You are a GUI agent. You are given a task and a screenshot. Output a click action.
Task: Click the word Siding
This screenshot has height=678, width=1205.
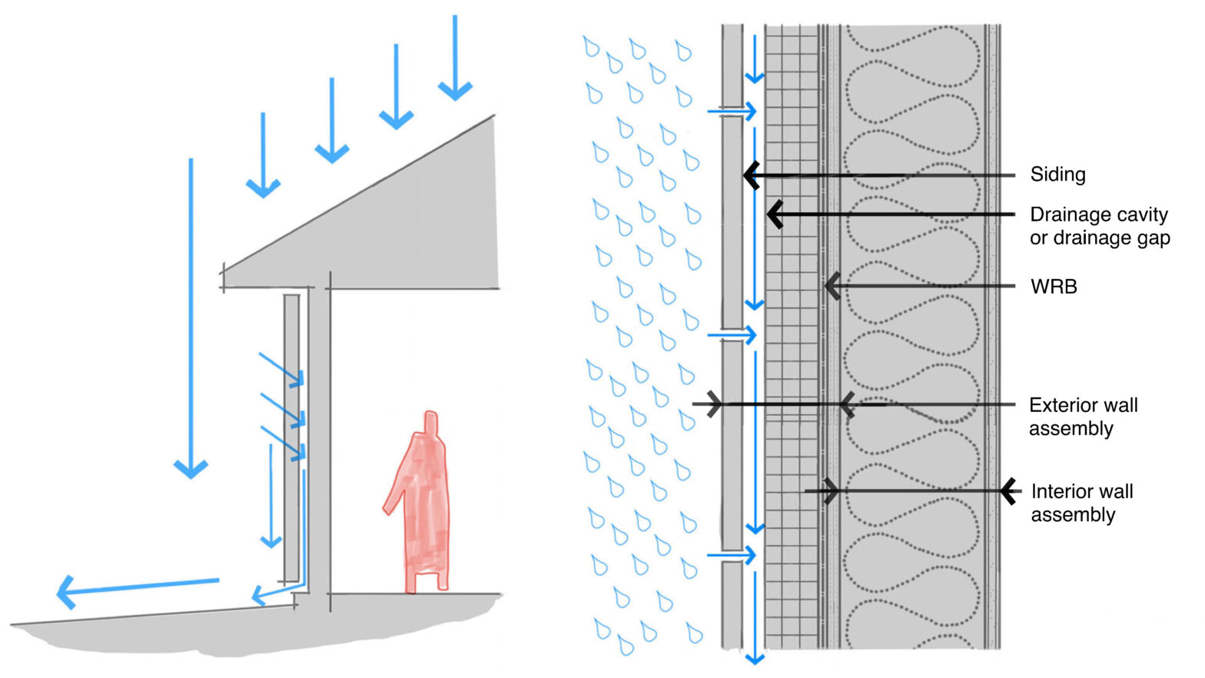click(x=1057, y=174)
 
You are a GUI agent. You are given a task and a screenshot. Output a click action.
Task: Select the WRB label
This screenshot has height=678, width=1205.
click(x=1054, y=287)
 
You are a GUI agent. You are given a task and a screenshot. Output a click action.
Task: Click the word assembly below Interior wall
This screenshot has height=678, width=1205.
click(x=1073, y=515)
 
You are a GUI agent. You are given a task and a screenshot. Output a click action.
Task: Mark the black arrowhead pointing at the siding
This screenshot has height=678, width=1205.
click(x=751, y=175)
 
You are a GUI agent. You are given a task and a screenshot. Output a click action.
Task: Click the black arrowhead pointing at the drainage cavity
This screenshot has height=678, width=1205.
click(x=775, y=214)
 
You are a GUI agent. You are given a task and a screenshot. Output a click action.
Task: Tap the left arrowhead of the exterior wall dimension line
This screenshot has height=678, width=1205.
click(x=715, y=404)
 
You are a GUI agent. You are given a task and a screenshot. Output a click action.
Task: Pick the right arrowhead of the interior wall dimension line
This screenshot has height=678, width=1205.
click(x=1009, y=491)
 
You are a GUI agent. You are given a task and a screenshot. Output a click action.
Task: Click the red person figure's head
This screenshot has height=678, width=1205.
click(x=432, y=422)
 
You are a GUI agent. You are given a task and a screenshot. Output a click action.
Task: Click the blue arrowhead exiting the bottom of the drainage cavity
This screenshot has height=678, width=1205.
click(x=755, y=657)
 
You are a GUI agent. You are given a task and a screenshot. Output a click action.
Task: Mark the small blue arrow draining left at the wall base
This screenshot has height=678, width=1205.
click(x=265, y=594)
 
